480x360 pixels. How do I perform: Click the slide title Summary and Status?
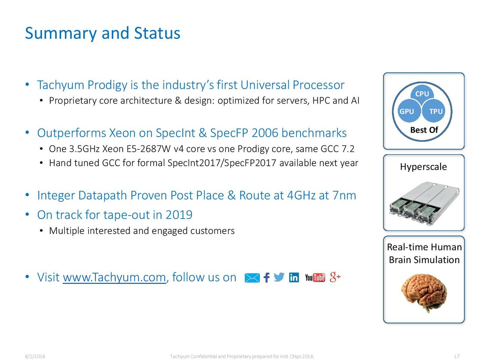click(x=102, y=33)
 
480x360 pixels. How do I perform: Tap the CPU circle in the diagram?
click(x=422, y=93)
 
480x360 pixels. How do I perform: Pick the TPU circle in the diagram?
click(x=434, y=111)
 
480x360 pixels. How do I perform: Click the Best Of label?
click(x=424, y=130)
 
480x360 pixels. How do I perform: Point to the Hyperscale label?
click(x=423, y=167)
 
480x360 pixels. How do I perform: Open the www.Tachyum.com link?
click(x=114, y=277)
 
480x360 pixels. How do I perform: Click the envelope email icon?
click(x=252, y=278)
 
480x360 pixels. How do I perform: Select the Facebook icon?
click(x=267, y=277)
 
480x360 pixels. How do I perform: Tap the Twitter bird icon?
click(x=279, y=277)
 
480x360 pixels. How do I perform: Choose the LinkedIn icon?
click(x=294, y=277)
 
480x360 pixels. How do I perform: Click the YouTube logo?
click(x=315, y=277)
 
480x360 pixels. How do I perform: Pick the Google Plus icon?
click(x=335, y=277)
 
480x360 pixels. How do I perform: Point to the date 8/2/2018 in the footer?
click(x=35, y=356)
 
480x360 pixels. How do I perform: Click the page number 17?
click(x=457, y=356)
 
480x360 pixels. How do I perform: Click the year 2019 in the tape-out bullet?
click(x=179, y=214)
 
